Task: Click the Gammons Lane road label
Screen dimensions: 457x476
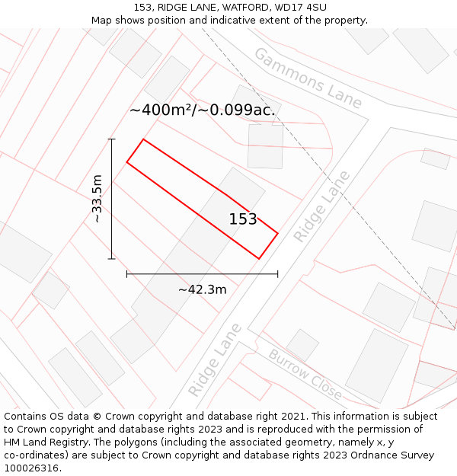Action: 308,78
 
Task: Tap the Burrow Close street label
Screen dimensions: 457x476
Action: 305,375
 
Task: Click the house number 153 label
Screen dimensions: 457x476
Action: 243,219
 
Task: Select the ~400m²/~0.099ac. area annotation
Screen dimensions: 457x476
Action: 202,110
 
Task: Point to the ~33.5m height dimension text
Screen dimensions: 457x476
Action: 97,199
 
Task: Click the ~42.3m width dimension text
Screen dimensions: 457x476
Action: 202,289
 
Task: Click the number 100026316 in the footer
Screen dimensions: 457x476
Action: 31,468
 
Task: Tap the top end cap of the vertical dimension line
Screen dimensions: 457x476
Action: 112,139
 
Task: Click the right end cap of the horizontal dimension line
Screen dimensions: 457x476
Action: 277,273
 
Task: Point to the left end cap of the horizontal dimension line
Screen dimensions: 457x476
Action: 127,273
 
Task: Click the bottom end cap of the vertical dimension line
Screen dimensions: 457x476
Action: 112,259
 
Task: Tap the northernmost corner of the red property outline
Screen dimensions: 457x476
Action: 143,139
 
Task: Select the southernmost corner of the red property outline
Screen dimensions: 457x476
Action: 259,259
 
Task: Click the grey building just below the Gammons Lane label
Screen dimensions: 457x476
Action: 265,146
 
